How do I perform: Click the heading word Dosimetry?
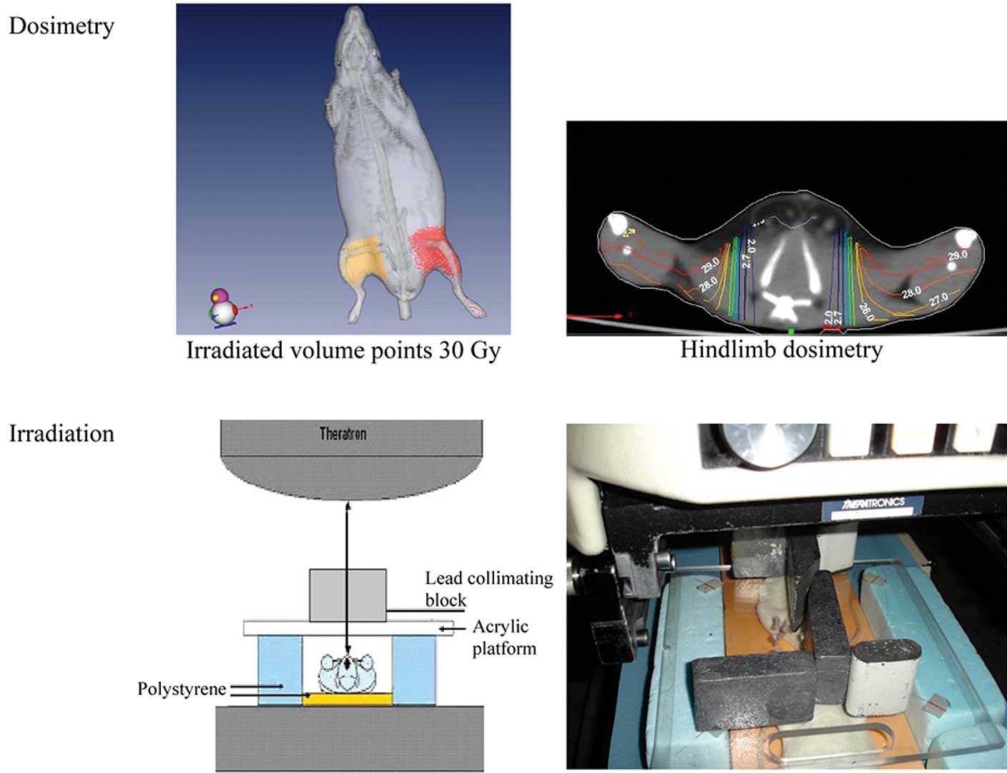click(62, 26)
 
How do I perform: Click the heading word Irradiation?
click(62, 434)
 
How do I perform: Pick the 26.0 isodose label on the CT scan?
click(865, 311)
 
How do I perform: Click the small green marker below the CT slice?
click(790, 331)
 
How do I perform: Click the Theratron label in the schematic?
click(343, 433)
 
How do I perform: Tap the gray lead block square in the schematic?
click(348, 595)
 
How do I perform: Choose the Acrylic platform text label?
click(503, 637)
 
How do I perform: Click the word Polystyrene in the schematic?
click(182, 689)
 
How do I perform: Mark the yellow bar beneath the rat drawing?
click(348, 699)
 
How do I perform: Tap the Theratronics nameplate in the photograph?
click(872, 506)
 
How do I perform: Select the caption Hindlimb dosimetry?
click(781, 350)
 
